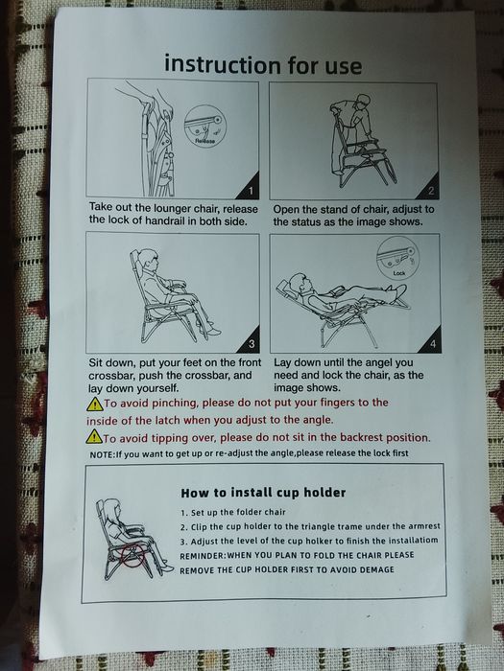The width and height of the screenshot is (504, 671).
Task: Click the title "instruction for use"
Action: click(x=263, y=65)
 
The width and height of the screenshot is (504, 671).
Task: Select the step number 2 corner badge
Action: click(x=429, y=189)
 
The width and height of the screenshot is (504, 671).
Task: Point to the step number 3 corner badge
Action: click(x=251, y=342)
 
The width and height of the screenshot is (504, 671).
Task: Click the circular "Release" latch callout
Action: click(x=205, y=127)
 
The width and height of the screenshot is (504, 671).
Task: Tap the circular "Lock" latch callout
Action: click(x=396, y=258)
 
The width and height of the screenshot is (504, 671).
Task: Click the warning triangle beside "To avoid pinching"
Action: click(x=94, y=404)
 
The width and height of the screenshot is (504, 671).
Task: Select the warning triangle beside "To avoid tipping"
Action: click(x=94, y=437)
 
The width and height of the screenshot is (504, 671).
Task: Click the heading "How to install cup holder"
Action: click(x=263, y=493)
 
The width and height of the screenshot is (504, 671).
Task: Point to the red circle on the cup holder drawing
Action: click(x=133, y=555)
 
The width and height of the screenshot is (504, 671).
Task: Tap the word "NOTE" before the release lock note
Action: click(x=101, y=454)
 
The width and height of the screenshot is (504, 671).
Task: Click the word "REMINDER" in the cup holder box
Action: click(x=203, y=556)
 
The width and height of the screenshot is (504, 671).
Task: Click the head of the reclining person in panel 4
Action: click(x=299, y=283)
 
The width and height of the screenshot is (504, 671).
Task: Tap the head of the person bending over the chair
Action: click(x=363, y=102)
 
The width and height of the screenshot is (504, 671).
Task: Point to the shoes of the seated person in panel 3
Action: click(x=212, y=330)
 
